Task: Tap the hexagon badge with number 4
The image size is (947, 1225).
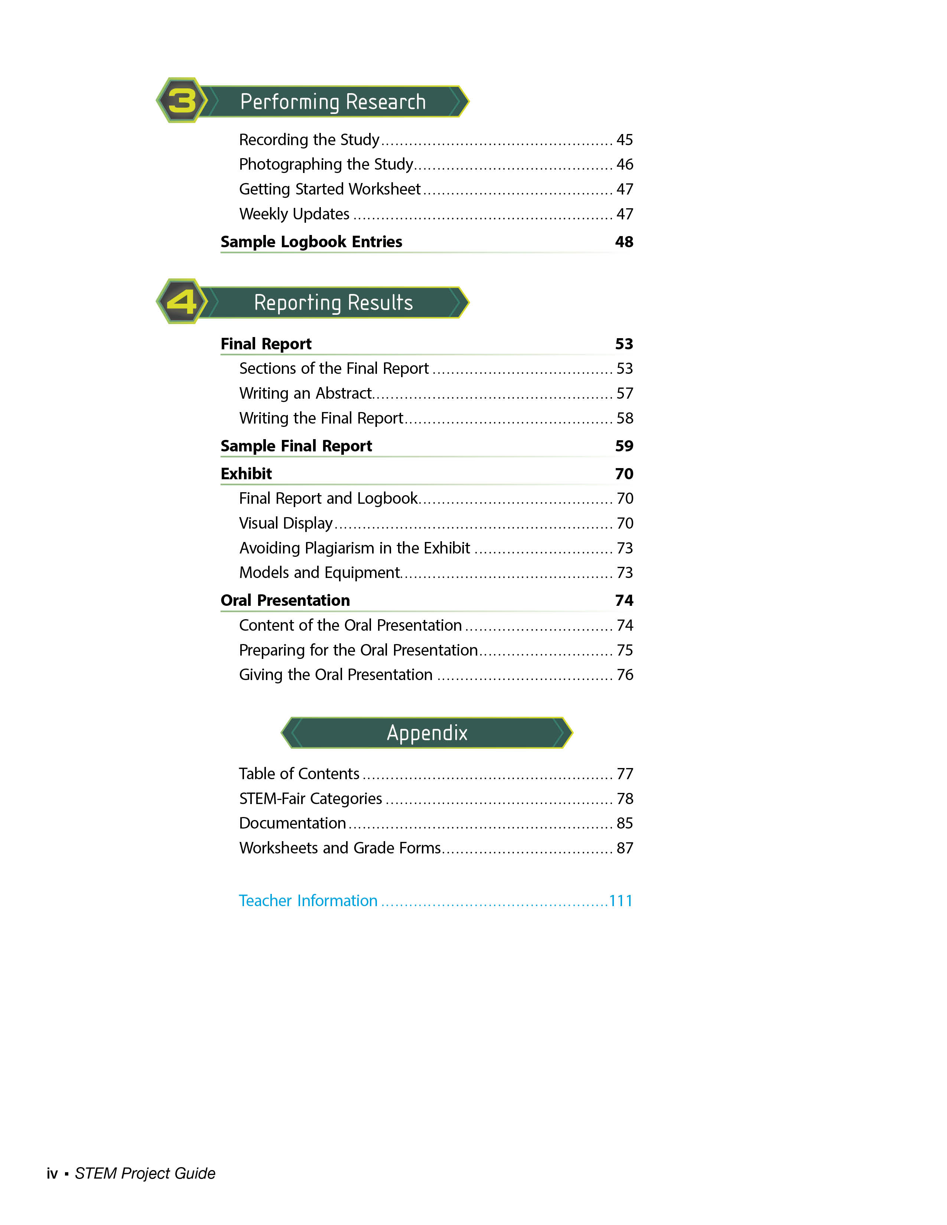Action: tap(182, 302)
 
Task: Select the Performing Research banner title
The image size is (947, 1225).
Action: tap(333, 102)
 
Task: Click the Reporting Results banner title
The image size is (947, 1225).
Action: tap(333, 303)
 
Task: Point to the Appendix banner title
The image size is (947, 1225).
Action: tap(427, 733)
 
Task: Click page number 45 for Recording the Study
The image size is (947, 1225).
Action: tap(624, 140)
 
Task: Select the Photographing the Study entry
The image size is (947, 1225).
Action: tap(326, 164)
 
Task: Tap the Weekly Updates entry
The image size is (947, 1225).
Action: tap(294, 214)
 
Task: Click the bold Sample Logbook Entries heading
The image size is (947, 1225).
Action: tap(311, 242)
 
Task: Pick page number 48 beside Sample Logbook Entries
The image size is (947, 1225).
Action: tap(624, 242)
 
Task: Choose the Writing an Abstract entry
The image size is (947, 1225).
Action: tap(305, 393)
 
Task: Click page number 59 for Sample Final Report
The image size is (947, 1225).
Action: tap(624, 446)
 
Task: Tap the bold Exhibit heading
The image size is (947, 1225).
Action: tap(246, 474)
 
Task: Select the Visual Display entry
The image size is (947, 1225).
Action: tap(286, 523)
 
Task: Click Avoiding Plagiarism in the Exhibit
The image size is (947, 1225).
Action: tap(355, 548)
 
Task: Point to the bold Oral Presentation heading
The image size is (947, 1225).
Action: tap(285, 601)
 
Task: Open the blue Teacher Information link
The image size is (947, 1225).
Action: tap(308, 901)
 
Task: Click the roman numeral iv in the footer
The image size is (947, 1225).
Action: tap(52, 1173)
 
